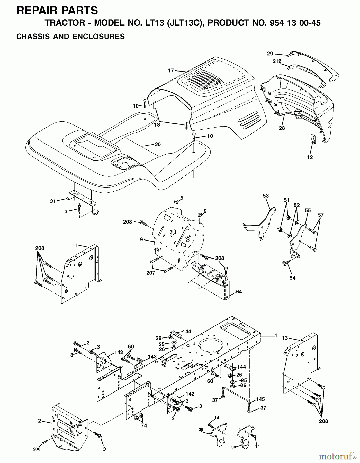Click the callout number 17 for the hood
click(x=171, y=70)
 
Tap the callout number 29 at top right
click(x=270, y=54)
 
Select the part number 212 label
click(x=277, y=61)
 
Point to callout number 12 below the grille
click(x=310, y=157)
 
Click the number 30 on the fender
click(x=158, y=144)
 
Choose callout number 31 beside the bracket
click(x=53, y=201)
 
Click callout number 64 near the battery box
click(x=239, y=292)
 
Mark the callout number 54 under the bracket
click(x=292, y=278)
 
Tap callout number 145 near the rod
click(x=260, y=399)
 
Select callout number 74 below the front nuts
click(x=144, y=426)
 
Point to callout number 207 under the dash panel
click(x=151, y=273)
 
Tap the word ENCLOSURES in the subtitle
click(x=98, y=37)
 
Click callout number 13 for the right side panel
click(x=285, y=338)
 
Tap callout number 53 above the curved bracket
click(x=266, y=195)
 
